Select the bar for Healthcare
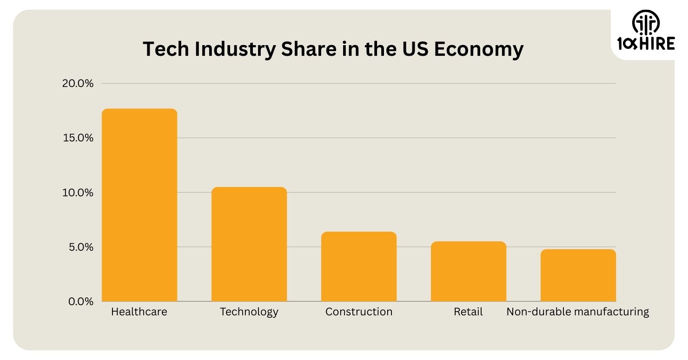139,205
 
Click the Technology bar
249,244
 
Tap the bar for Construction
359,267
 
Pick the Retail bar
469,271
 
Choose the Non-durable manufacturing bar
578,275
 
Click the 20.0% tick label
78,84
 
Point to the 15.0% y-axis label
78,138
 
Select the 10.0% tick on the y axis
78,193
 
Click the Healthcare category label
139,312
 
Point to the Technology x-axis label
249,312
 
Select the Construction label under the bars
359,312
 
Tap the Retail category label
468,312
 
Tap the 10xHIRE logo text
646,44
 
